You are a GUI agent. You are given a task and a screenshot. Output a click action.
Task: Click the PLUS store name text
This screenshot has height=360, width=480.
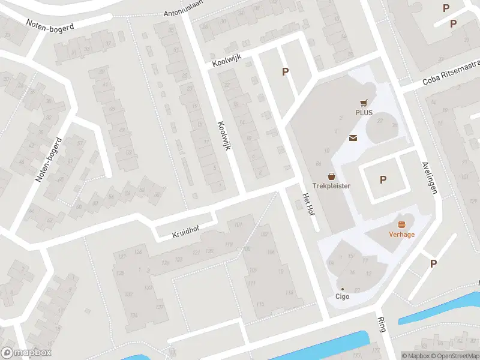coord(364,112)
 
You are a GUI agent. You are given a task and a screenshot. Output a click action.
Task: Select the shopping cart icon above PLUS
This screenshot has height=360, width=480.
coord(364,103)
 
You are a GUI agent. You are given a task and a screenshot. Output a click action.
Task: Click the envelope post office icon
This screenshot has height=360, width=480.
coord(353,139)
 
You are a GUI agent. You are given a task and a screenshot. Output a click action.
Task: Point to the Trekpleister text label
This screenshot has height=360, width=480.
coord(331,186)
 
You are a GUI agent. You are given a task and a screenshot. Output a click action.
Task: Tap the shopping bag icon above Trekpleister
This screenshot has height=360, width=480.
coord(331,176)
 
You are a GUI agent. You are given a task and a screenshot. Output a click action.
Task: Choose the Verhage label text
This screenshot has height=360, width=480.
coord(402,234)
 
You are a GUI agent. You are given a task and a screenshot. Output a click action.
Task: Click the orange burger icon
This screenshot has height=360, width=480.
coord(402,224)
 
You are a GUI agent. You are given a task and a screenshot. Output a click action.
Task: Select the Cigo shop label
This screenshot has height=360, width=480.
coord(342,296)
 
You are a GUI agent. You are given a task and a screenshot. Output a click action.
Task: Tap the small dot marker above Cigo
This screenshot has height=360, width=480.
coord(342,289)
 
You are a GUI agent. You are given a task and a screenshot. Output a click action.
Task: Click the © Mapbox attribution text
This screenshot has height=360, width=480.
coord(415,355)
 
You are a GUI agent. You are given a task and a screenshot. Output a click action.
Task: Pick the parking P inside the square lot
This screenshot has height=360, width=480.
coord(383,179)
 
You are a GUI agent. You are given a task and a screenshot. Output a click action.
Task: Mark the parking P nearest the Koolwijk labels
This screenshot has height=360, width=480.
coord(286,72)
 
